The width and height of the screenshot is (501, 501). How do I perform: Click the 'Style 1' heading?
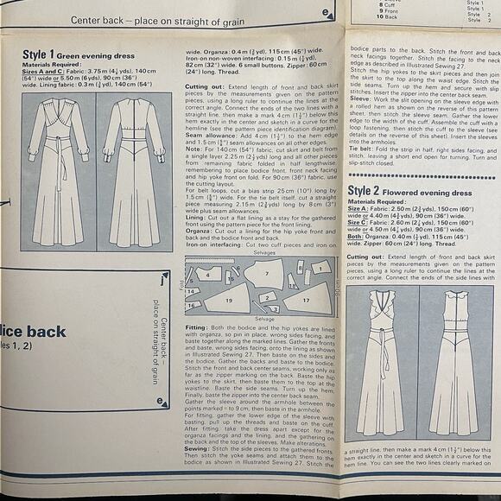tap(38, 54)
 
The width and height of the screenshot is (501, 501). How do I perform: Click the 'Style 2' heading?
tap(365, 190)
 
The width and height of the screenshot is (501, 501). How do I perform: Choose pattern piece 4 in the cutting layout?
tap(205, 274)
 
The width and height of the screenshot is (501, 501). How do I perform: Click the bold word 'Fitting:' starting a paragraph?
tap(198, 328)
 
